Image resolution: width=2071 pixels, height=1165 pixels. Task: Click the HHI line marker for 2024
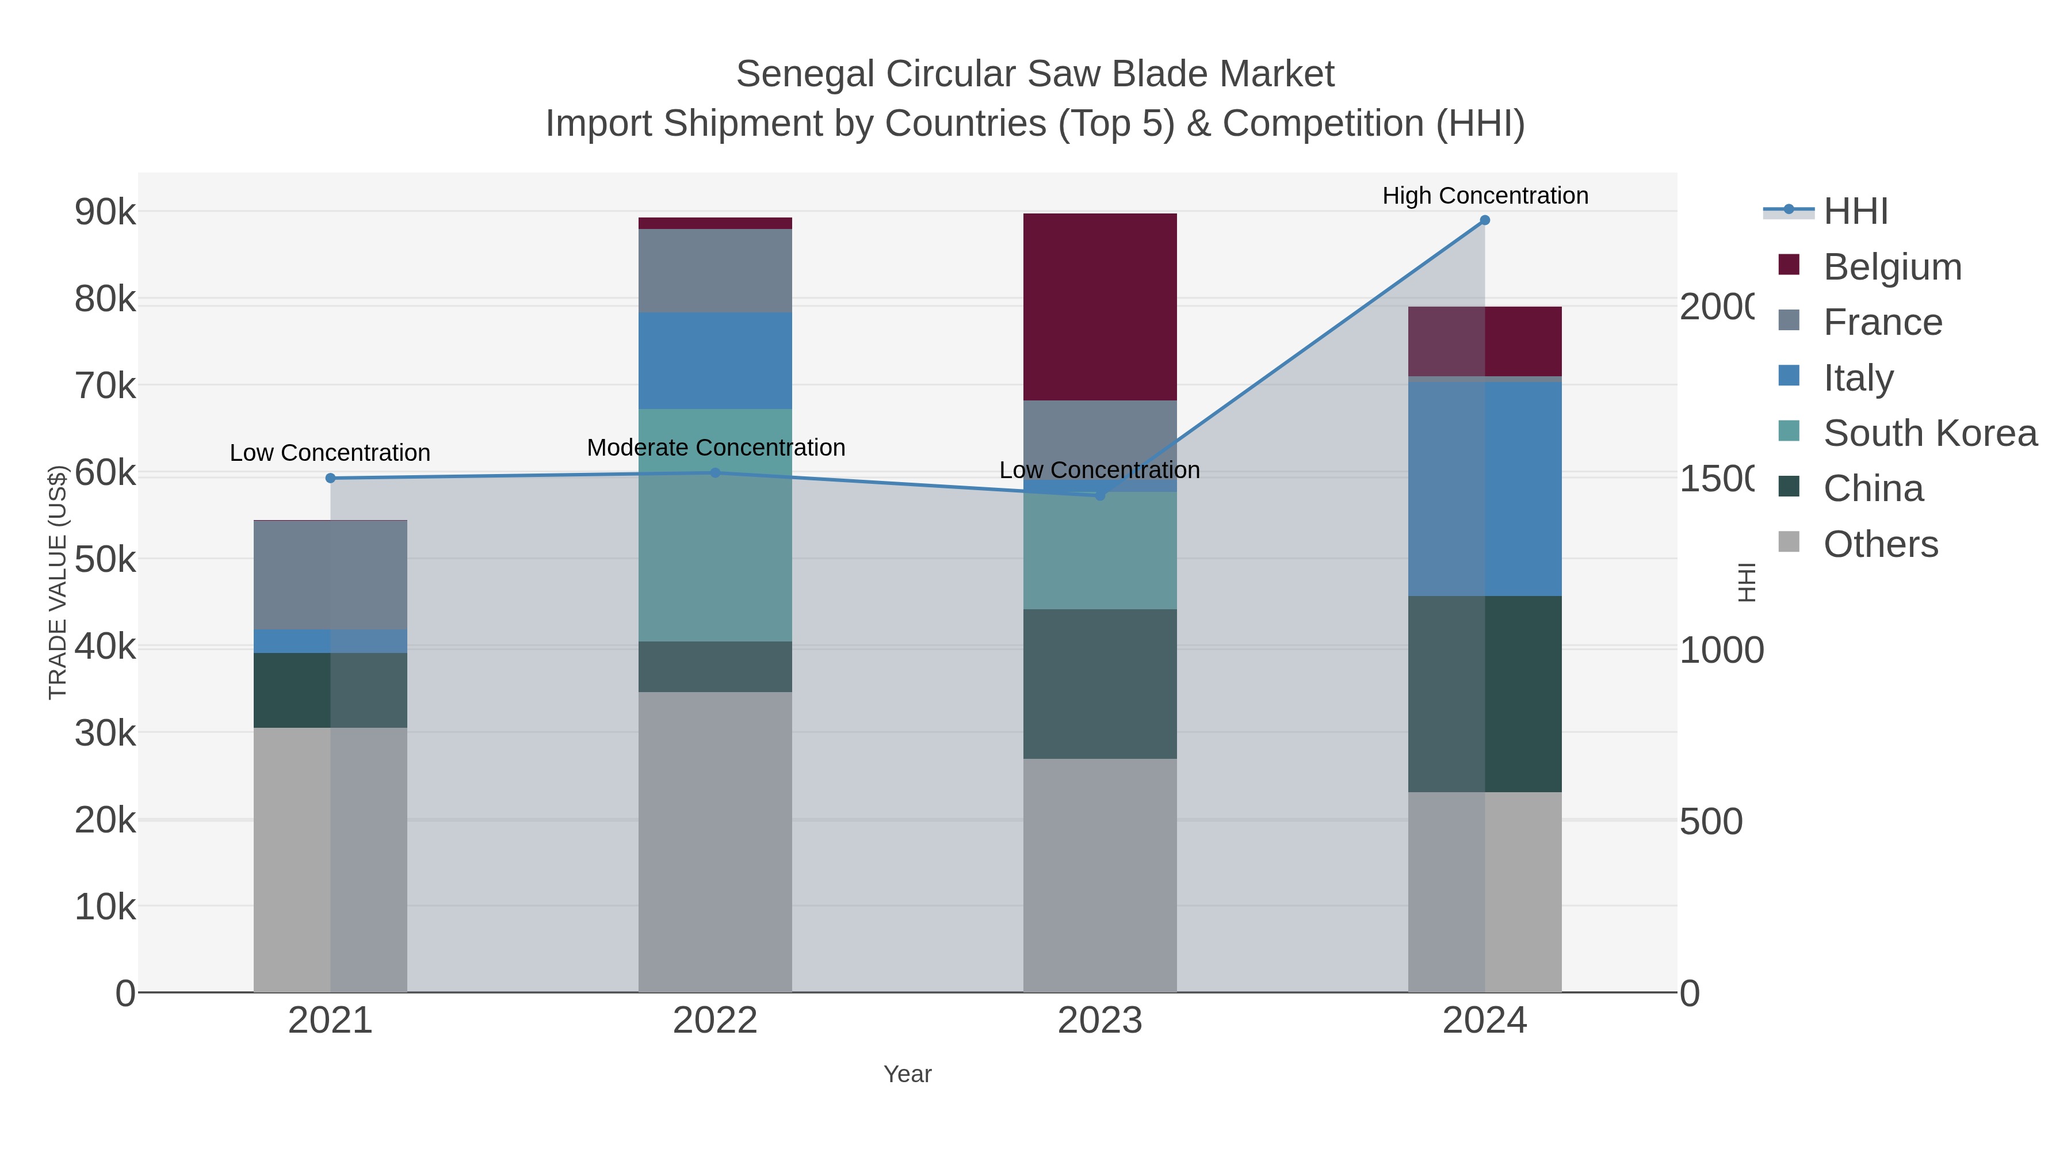point(1484,220)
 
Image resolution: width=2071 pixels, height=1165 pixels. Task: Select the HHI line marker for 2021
point(330,479)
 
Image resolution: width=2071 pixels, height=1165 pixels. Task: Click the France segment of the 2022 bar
point(714,271)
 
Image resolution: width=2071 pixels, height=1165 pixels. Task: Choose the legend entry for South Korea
point(1929,433)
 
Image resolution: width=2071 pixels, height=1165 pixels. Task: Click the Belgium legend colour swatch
point(1788,265)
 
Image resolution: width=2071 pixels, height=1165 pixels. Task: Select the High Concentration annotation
point(1485,196)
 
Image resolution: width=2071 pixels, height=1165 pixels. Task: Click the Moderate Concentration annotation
point(716,448)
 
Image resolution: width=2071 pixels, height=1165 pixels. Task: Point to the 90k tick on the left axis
point(105,212)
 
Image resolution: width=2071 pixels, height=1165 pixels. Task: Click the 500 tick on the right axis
point(1711,822)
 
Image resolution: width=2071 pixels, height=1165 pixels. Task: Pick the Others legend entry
point(1879,544)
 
